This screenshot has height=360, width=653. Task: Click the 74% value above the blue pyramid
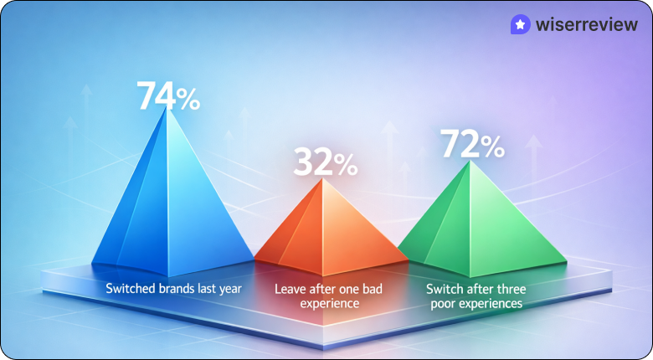pos(168,96)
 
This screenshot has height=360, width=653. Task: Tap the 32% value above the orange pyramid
pos(325,162)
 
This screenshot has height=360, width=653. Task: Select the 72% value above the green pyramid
pos(471,144)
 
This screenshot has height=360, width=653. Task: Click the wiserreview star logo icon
pos(521,26)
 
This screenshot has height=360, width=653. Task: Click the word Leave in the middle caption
pos(291,289)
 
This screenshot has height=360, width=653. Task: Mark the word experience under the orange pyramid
pos(328,303)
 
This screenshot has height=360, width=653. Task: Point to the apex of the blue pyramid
pos(168,108)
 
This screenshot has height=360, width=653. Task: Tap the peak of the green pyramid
pos(470,162)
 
